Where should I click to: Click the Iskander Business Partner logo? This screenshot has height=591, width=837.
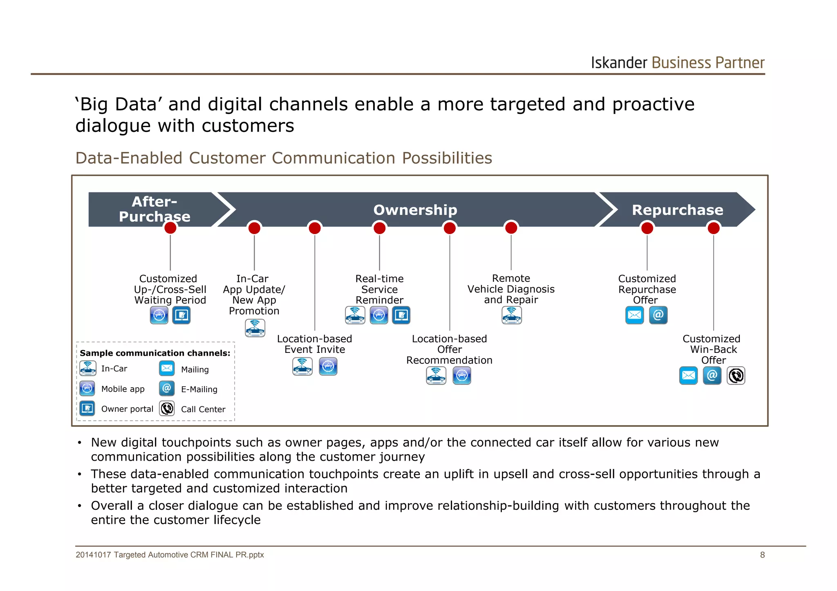click(677, 63)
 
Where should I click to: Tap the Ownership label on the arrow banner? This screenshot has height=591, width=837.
click(415, 210)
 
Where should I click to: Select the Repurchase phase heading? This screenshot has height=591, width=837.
click(677, 210)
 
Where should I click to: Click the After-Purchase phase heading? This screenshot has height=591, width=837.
click(154, 209)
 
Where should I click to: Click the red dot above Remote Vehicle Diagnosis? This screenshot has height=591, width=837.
click(511, 227)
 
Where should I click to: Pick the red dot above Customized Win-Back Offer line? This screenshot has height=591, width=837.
click(713, 227)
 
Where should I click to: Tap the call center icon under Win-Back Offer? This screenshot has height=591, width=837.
click(736, 376)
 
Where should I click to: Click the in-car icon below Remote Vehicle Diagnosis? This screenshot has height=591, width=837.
click(511, 315)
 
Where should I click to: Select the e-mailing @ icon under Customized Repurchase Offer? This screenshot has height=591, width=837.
click(658, 315)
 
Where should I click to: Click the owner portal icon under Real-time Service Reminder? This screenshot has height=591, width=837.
click(401, 315)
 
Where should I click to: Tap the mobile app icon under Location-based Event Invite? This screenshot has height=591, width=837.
click(328, 366)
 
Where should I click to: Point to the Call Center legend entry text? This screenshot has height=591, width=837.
click(203, 409)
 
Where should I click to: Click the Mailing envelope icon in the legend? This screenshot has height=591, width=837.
click(167, 368)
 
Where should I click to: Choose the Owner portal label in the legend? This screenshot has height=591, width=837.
click(127, 409)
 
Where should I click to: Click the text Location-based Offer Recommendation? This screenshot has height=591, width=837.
click(449, 350)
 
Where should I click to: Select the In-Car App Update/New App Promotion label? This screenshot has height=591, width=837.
click(254, 294)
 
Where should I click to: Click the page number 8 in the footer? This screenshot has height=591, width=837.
click(762, 555)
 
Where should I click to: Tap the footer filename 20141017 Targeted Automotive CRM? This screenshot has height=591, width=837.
click(170, 555)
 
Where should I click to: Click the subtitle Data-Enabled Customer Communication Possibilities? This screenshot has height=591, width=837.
click(284, 158)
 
